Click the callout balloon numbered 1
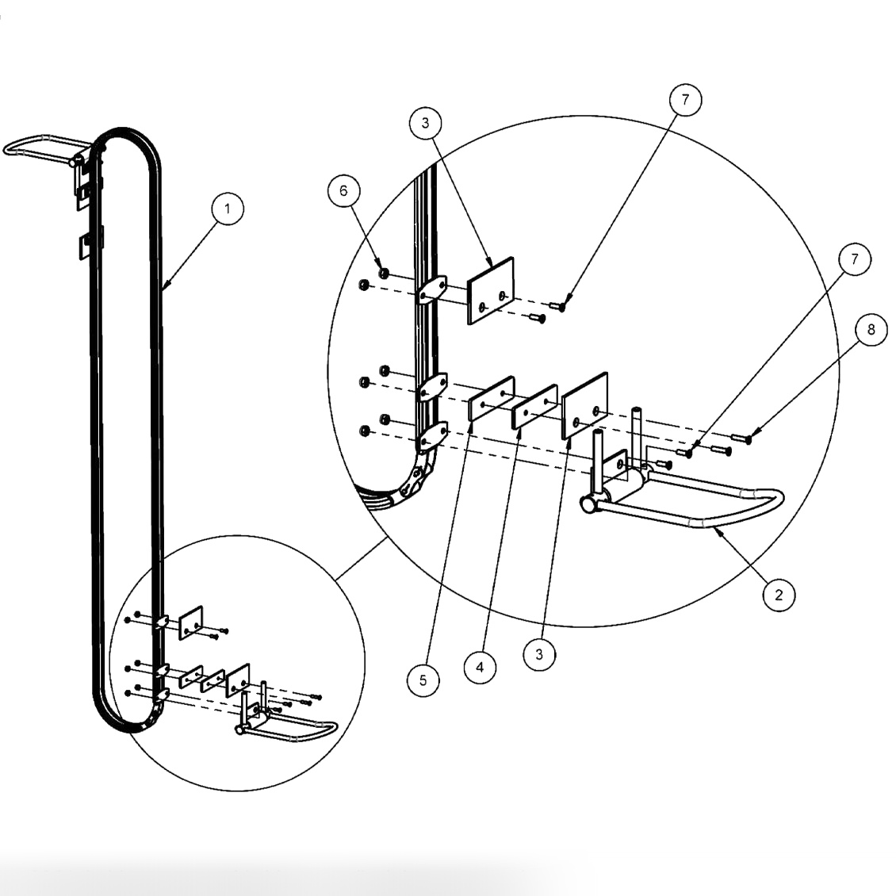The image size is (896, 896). tap(228, 209)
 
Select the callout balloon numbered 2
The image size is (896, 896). tap(778, 595)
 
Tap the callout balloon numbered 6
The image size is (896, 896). tap(343, 191)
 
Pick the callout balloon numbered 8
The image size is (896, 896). tap(871, 330)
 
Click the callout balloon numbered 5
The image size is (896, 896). tap(423, 680)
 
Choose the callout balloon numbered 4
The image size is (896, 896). tap(480, 667)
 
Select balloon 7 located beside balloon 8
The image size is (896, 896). tap(854, 259)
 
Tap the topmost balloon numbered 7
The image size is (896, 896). tap(685, 100)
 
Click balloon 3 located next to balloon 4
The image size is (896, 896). tap(539, 654)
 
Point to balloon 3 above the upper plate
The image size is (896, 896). tap(425, 123)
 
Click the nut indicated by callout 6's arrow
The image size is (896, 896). tap(384, 274)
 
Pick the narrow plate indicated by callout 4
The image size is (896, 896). tap(534, 406)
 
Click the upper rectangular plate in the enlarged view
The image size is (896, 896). tap(490, 290)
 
